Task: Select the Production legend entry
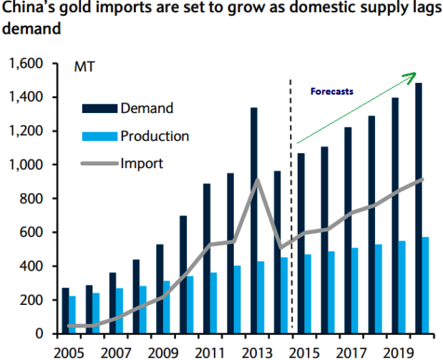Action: (155, 136)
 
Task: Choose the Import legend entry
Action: (142, 163)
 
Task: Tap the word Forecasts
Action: (331, 92)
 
